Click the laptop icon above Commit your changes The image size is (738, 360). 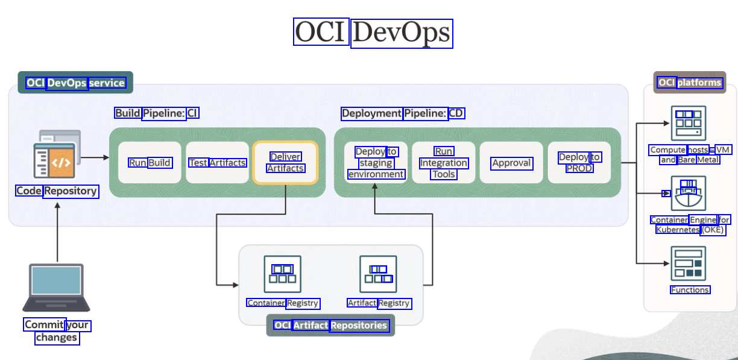point(56,288)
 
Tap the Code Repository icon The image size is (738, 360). point(57,156)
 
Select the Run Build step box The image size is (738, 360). point(150,162)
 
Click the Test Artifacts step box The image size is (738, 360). point(217,162)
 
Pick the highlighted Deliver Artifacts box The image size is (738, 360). point(285,162)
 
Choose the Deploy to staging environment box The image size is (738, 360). point(376,162)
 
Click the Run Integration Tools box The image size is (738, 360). point(444,162)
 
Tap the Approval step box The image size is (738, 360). point(511,163)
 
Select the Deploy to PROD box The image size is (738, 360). point(579,162)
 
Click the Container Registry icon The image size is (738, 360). point(282,274)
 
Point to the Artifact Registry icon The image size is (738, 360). point(378,274)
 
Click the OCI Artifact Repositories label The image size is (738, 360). point(330,326)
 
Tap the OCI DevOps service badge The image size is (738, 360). point(75,83)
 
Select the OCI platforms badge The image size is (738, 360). point(690,83)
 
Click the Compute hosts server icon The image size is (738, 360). point(688,123)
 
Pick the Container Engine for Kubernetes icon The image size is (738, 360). point(688,193)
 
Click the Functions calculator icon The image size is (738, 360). point(688,264)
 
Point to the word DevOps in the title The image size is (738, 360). point(402,33)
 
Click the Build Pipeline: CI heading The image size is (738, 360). point(156,113)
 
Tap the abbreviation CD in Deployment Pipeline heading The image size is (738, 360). point(456,113)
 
